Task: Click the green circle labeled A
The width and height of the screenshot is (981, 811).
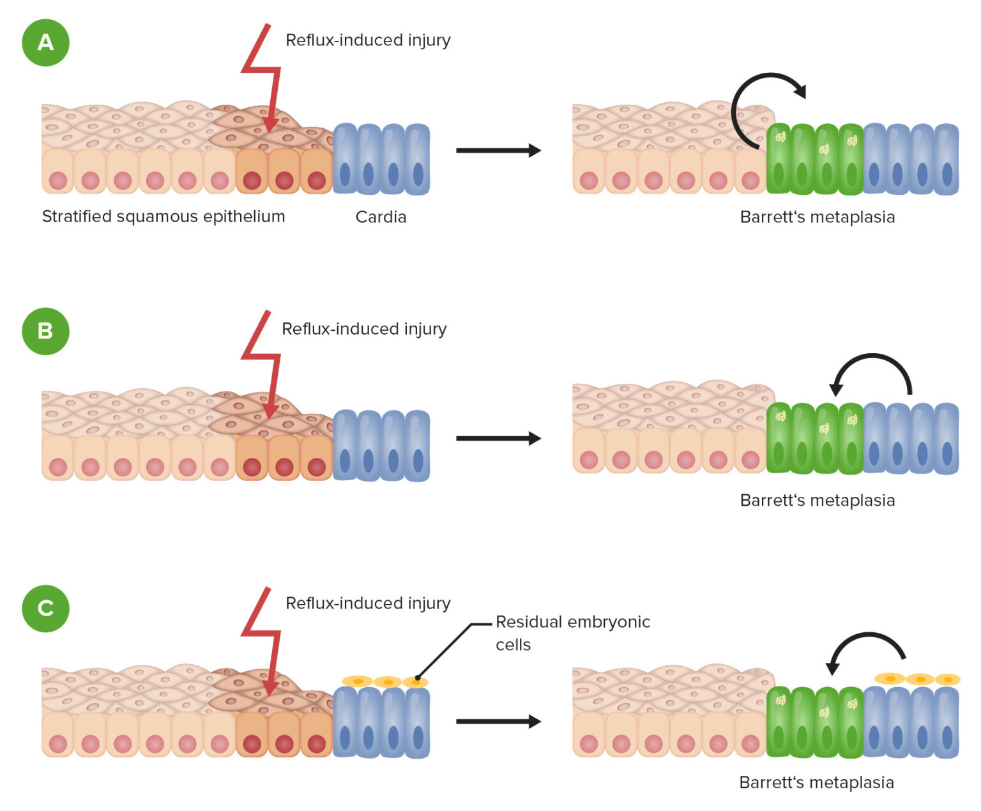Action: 45,42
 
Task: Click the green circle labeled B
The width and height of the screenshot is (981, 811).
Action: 45,331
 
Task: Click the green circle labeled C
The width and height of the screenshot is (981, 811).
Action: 45,608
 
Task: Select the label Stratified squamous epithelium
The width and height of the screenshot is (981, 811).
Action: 163,216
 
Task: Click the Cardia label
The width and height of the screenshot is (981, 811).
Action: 381,217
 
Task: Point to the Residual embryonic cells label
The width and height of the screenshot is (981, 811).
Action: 572,633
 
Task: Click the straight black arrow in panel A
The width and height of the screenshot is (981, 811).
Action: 498,151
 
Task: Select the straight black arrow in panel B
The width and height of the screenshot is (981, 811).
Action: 498,439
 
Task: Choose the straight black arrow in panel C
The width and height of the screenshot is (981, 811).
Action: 498,722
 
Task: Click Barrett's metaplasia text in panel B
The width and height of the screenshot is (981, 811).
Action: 817,500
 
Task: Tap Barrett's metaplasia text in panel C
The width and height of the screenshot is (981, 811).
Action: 817,782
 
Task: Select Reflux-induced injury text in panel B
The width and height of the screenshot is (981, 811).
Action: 364,329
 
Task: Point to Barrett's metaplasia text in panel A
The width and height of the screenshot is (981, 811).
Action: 817,217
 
